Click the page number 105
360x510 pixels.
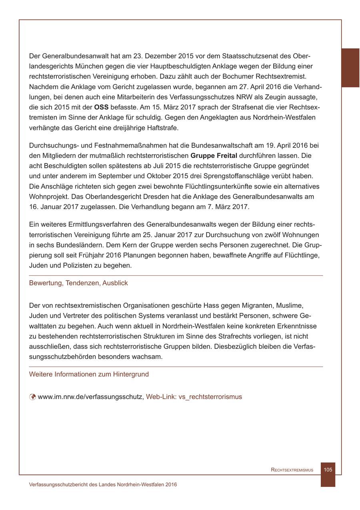point(328,470)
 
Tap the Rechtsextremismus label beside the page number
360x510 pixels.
point(292,470)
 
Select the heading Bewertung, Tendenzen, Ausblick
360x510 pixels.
point(78,283)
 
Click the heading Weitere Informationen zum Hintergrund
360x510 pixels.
point(89,375)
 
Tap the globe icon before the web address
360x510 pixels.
point(32,397)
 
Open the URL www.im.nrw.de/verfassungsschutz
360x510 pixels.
point(90,397)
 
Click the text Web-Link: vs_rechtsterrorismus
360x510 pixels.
point(194,397)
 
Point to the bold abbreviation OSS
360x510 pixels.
point(101,108)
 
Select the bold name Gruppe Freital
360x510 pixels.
point(214,155)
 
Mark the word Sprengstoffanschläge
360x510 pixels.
point(241,176)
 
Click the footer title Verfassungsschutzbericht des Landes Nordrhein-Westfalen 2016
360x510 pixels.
point(103,484)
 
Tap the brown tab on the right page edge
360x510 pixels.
point(350,68)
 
